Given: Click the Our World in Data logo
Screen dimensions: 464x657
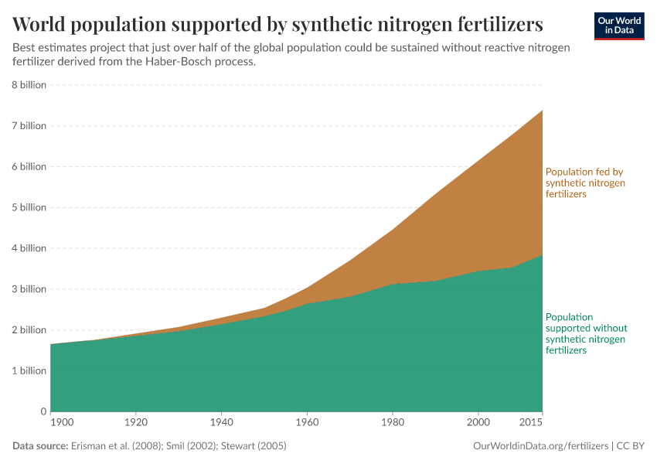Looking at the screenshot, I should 618,26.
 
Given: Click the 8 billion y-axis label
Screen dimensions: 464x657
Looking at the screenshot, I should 29,85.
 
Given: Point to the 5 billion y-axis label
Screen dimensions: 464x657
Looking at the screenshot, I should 29,207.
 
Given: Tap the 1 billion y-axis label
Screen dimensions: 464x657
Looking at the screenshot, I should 29,370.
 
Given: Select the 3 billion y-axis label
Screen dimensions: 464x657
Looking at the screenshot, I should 29,289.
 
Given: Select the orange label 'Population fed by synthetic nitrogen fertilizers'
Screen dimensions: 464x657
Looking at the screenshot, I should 585,183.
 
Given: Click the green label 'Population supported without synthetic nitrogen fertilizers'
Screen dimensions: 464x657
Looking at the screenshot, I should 585,333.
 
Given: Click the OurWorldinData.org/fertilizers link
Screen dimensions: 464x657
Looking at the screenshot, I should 540,446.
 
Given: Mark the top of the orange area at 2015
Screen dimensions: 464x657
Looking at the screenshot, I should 542,111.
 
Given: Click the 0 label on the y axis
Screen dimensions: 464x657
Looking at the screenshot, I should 43,411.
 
